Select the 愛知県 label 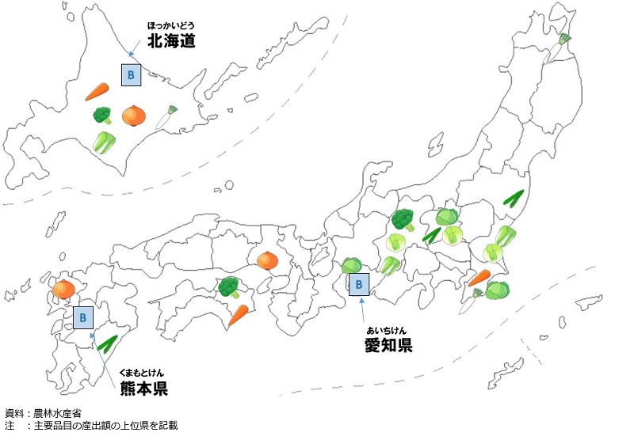pyautogui.click(x=388, y=344)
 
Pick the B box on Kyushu pyautogui.click(x=83, y=318)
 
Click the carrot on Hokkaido pyautogui.click(x=97, y=92)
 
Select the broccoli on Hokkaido pyautogui.click(x=102, y=116)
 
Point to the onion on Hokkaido pyautogui.click(x=134, y=116)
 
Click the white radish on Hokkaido pyautogui.click(x=166, y=118)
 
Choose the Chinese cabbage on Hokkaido pyautogui.click(x=104, y=142)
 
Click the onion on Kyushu pyautogui.click(x=63, y=290)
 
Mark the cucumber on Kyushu pyautogui.click(x=106, y=343)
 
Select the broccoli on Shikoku pyautogui.click(x=229, y=286)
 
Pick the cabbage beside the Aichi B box pyautogui.click(x=351, y=267)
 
